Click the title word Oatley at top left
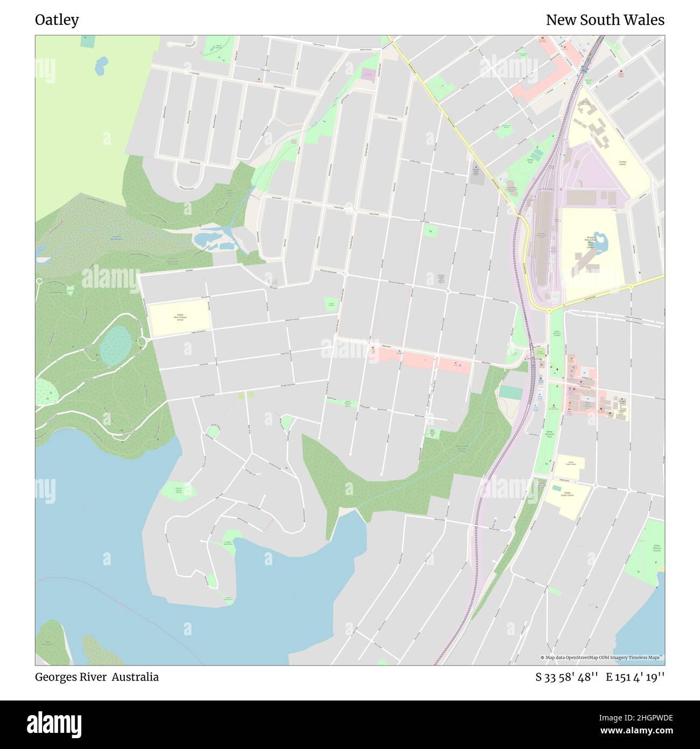tap(57, 20)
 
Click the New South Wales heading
tap(605, 20)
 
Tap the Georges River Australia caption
tap(97, 677)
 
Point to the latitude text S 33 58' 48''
tap(567, 677)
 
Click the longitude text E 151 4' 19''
tap(635, 677)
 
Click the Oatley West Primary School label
tap(180, 317)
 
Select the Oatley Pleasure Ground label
tap(656, 548)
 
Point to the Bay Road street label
tap(188, 271)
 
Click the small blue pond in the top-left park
tap(101, 66)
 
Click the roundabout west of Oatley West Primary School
tap(143, 341)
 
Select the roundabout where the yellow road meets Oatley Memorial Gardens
tap(549, 310)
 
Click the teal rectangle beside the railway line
tap(510, 392)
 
